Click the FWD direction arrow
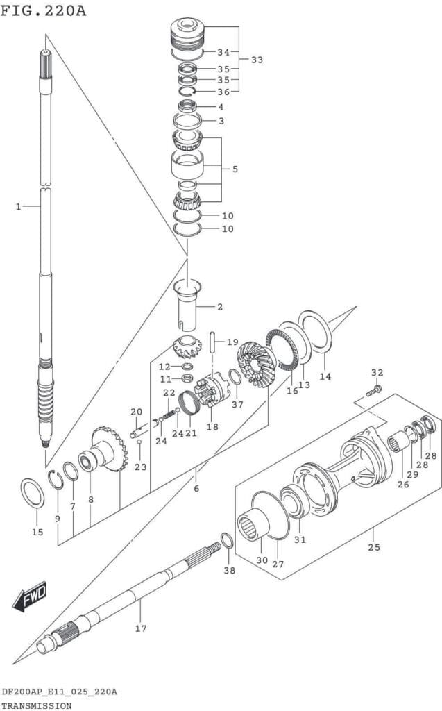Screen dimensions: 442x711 point(30,596)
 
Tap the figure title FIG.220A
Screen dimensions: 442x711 point(43,10)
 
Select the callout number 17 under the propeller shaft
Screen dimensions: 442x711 point(141,628)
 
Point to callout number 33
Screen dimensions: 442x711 point(257,60)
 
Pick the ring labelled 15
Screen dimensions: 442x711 point(33,493)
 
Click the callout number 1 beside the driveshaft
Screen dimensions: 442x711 point(18,207)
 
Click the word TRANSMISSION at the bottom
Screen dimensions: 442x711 point(36,705)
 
